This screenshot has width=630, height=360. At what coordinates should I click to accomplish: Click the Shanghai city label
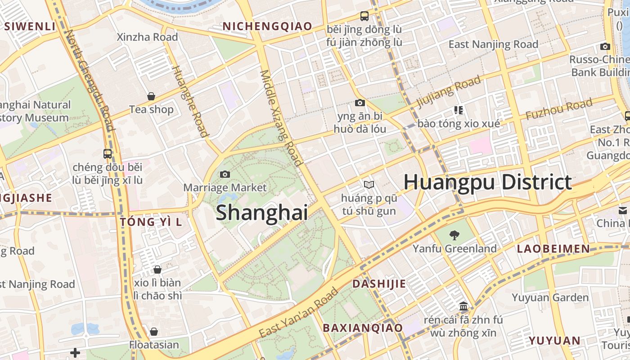[x=262, y=212]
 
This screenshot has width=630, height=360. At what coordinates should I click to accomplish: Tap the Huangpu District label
[x=487, y=182]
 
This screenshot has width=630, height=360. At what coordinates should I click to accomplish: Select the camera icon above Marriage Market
[x=225, y=174]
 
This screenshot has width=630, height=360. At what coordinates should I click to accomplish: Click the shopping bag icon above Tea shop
[x=151, y=96]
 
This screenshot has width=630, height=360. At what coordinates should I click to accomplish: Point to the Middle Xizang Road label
[x=280, y=118]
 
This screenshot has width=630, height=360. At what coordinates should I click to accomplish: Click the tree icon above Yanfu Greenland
[x=454, y=234]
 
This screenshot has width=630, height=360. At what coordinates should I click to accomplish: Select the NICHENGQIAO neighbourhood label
[x=267, y=27]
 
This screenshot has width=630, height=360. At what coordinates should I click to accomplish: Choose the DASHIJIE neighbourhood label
[x=379, y=284]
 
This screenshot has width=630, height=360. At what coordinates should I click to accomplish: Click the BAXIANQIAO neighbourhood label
[x=363, y=328]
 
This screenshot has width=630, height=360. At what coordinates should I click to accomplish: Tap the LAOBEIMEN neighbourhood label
[x=553, y=249]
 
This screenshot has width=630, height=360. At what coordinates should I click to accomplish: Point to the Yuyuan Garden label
[x=550, y=297]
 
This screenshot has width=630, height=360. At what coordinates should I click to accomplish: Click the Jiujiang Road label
[x=449, y=92]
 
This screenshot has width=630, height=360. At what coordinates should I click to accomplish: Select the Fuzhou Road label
[x=559, y=109]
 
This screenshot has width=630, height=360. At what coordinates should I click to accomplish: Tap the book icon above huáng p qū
[x=369, y=184]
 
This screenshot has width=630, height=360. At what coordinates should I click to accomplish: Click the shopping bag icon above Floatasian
[x=154, y=332]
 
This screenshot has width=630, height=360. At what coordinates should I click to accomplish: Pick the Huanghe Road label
[x=191, y=101]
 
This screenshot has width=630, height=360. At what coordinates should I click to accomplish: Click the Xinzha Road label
[x=147, y=37]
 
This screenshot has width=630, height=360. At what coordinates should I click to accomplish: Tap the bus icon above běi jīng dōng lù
[x=364, y=16]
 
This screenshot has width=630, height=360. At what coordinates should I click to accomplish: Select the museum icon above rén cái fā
[x=463, y=307]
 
